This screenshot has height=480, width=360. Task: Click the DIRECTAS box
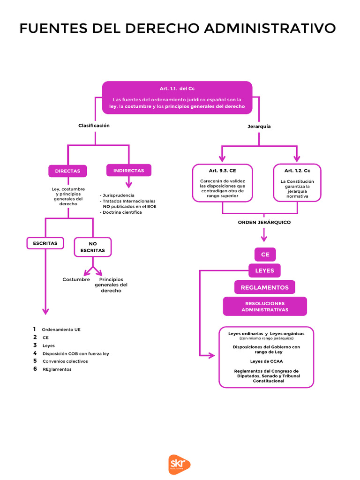[x=67, y=171]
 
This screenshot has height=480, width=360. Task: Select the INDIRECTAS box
[x=129, y=171]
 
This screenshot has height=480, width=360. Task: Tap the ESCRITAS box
[x=45, y=243]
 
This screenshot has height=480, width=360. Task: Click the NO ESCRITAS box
[x=93, y=247]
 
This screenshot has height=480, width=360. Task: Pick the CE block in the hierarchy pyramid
[x=265, y=255]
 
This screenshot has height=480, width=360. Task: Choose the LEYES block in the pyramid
[x=264, y=270]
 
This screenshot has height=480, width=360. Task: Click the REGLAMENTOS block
[x=265, y=287]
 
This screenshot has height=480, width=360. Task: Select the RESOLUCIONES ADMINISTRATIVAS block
[x=265, y=307]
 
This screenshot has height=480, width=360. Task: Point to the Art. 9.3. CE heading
[x=222, y=171]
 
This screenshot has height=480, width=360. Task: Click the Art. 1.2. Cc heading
[x=297, y=171]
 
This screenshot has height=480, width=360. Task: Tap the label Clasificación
[x=94, y=126]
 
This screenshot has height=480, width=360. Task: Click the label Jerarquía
[x=259, y=127]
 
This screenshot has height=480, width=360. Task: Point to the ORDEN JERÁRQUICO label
[x=264, y=222]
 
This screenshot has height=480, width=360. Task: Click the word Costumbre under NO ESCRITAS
[x=76, y=279]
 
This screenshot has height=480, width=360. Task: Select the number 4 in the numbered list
[x=35, y=353]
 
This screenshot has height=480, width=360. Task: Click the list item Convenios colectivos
[x=65, y=361]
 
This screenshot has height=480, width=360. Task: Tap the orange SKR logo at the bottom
[x=180, y=464]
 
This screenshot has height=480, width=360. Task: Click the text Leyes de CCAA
[x=266, y=361]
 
